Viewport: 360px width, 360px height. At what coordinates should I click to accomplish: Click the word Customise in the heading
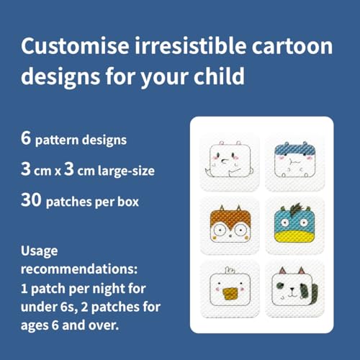pos(75,45)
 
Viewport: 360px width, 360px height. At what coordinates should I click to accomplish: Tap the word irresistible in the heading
pos(190,45)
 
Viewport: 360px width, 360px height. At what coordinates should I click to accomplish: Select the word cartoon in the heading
pos(292,46)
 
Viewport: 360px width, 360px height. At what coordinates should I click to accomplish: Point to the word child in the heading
pos(219,76)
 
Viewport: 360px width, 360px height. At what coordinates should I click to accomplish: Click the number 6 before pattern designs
pos(26,138)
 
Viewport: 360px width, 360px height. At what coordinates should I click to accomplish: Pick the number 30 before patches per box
pos(31,200)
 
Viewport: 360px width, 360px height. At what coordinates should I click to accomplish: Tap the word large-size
pos(126,171)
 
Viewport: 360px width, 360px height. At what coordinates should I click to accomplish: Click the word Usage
pos(40,251)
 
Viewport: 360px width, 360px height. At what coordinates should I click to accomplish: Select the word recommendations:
pos(79,269)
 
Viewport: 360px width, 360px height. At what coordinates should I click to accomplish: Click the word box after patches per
pos(128,202)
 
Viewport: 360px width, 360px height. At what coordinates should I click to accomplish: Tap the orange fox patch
pos(230,225)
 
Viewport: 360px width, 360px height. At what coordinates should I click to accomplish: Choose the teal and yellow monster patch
pos(294,225)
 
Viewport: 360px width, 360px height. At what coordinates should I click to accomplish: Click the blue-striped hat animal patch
pos(294,163)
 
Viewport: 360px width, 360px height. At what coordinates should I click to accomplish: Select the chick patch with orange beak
pos(230,289)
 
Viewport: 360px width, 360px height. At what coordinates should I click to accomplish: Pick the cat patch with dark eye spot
pos(294,289)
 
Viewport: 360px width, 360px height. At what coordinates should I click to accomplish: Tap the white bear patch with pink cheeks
pos(230,163)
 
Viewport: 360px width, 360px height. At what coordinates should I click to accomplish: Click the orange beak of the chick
pos(230,294)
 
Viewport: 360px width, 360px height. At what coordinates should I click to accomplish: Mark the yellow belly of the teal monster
pos(294,237)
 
